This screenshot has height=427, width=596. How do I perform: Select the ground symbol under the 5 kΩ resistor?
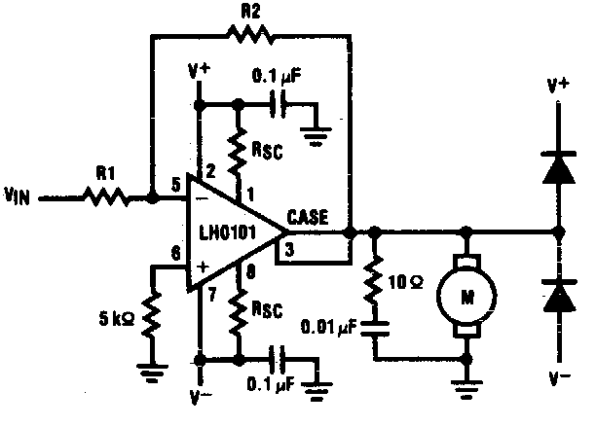click(152, 372)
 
